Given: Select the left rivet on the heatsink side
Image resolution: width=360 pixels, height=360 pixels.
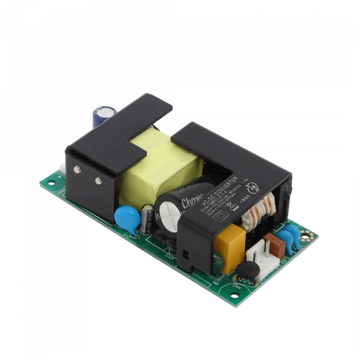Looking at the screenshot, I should [77, 169].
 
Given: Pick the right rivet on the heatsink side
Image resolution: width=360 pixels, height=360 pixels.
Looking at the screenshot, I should [98, 180].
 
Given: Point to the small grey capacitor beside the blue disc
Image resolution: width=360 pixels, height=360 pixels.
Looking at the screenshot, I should [147, 219].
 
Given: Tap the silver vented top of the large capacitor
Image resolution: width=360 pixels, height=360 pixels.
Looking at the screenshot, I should [167, 211].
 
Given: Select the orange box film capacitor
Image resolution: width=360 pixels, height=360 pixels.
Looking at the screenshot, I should [229, 248].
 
